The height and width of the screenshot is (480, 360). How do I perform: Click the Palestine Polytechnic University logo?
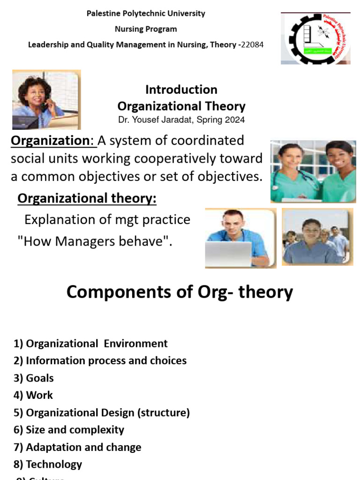tap(315, 38)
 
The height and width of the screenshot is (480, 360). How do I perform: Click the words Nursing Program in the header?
tap(146, 29)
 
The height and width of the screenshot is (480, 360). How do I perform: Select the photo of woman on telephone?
tap(46, 99)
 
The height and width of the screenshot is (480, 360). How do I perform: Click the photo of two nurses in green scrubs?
tap(313, 171)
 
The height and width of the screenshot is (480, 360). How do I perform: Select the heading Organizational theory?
tap(87, 199)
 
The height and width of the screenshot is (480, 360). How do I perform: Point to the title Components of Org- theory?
tap(180, 292)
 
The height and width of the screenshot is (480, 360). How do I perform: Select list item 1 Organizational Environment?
tap(90, 344)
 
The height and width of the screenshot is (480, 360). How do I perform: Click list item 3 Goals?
tap(34, 378)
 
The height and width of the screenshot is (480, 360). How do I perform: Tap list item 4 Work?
tap(33, 395)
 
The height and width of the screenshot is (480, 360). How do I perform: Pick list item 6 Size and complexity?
tap(69, 430)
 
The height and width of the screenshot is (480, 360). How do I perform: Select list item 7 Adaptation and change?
tap(77, 447)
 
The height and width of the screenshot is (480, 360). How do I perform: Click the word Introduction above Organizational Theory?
tap(181, 90)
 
